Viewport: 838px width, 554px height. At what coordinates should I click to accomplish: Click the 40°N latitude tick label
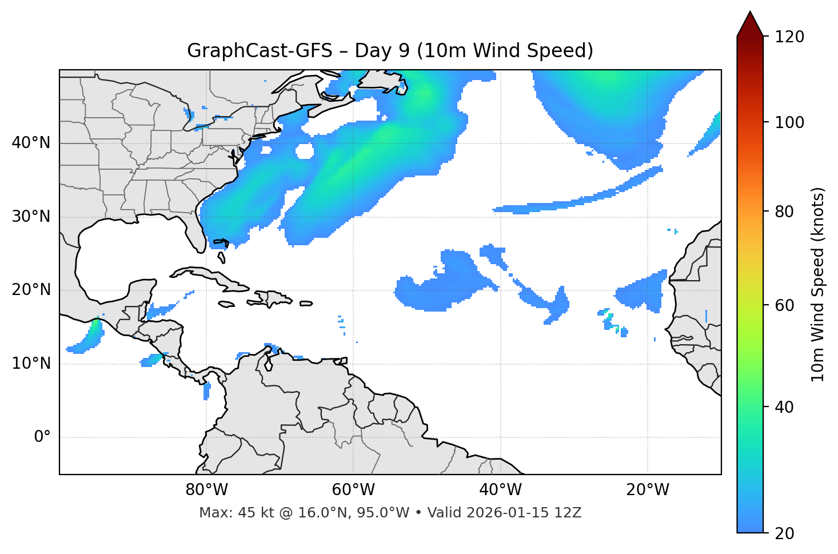click(x=31, y=143)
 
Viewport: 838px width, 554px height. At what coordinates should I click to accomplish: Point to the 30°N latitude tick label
click(x=31, y=217)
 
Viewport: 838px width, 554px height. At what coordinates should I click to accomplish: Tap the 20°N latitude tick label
click(x=31, y=290)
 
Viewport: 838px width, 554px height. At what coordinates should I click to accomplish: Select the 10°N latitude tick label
click(x=31, y=364)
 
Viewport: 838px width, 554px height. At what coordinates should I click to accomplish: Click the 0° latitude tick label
click(x=42, y=437)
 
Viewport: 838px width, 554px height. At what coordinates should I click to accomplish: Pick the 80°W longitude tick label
click(x=206, y=490)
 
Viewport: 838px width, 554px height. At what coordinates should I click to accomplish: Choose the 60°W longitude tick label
click(x=353, y=490)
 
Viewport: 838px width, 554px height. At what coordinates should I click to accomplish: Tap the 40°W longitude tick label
click(x=500, y=490)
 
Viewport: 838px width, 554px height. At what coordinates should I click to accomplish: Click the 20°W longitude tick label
click(x=647, y=490)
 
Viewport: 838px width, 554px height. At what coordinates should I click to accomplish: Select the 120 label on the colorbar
click(x=789, y=37)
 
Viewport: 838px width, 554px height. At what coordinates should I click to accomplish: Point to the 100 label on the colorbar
click(x=789, y=122)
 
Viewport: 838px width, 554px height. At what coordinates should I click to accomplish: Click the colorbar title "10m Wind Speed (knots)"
click(x=819, y=285)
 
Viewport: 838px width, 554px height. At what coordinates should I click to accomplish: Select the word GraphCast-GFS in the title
click(x=260, y=51)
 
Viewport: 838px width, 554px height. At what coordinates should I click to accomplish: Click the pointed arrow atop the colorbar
click(x=750, y=24)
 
